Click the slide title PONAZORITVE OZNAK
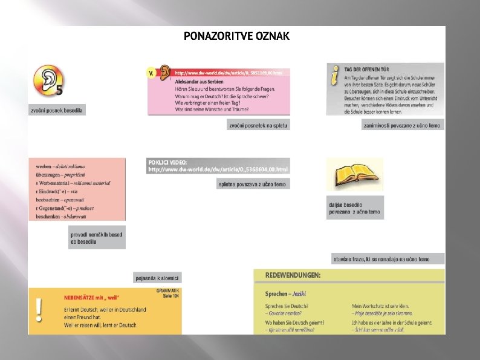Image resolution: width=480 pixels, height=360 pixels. (x=236, y=36)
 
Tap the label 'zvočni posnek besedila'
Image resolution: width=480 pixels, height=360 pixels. (x=57, y=110)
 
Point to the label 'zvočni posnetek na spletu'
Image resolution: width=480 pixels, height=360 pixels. (x=258, y=125)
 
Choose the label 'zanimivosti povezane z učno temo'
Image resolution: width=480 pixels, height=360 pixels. (x=402, y=125)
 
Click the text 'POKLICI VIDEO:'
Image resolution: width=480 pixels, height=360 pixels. (x=169, y=162)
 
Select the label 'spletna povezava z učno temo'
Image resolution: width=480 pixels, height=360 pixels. (x=253, y=183)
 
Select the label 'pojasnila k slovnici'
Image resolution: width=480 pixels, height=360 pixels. (x=157, y=278)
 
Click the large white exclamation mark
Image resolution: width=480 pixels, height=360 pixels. (x=40, y=310)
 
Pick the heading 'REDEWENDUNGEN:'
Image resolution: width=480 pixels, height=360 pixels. (x=293, y=275)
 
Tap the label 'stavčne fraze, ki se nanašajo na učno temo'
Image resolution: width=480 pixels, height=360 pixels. (x=388, y=259)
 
